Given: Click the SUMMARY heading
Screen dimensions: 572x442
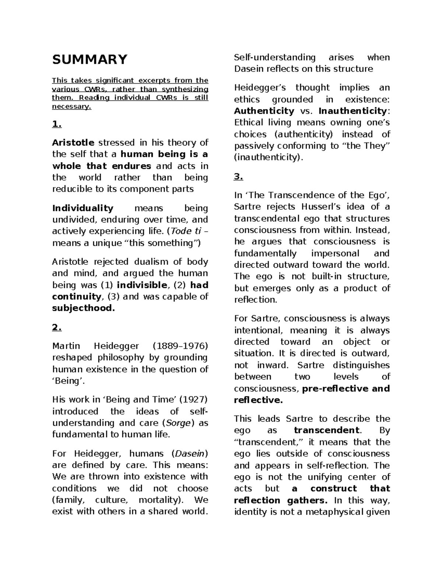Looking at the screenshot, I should click(90, 59).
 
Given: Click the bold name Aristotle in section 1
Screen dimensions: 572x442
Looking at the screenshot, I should click(73, 143).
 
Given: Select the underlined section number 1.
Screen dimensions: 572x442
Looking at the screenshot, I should click(57, 124).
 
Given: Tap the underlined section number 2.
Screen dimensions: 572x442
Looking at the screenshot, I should click(57, 327).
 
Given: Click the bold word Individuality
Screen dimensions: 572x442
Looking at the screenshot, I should click(83, 208).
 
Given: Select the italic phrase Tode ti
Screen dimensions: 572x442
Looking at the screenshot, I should click(185, 231).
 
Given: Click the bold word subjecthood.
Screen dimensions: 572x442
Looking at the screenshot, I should click(83, 308).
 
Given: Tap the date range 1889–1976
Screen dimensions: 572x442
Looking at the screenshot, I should click(180, 346).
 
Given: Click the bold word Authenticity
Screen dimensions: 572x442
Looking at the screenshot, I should click(264, 111).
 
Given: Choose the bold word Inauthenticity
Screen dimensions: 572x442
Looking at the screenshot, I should click(352, 111).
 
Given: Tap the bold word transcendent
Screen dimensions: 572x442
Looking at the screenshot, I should click(326, 430).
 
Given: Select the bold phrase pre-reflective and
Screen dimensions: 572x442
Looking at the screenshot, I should click(345, 389).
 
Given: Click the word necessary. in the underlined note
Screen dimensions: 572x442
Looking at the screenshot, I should click(71, 107).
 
